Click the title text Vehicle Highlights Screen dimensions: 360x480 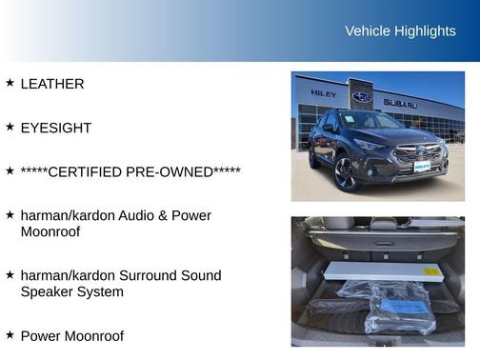[x=400, y=31]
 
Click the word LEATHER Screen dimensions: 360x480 [x=52, y=84]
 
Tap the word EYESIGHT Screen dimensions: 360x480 [x=55, y=128]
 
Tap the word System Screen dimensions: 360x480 [x=98, y=291]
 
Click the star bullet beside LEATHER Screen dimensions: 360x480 [x=10, y=83]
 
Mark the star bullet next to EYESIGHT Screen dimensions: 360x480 [x=10, y=127]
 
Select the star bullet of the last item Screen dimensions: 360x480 [x=10, y=335]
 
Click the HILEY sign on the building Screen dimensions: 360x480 [x=323, y=93]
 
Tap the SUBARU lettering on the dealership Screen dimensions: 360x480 [x=401, y=103]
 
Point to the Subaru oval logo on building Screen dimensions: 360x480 [x=362, y=96]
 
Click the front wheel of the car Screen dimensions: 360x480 [x=344, y=175]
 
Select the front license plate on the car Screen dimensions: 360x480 [x=422, y=168]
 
